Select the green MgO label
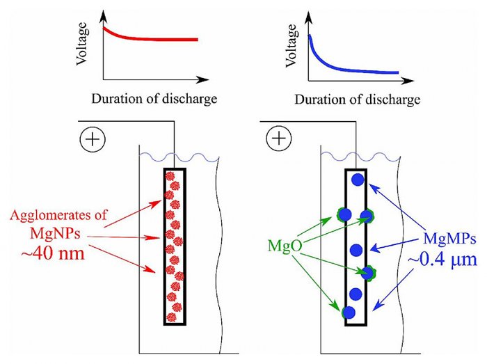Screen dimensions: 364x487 283,247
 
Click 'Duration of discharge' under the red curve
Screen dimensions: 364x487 154,97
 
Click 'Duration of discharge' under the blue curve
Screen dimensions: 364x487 358,99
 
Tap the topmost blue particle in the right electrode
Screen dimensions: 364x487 358,180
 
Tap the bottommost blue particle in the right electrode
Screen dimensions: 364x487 349,312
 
